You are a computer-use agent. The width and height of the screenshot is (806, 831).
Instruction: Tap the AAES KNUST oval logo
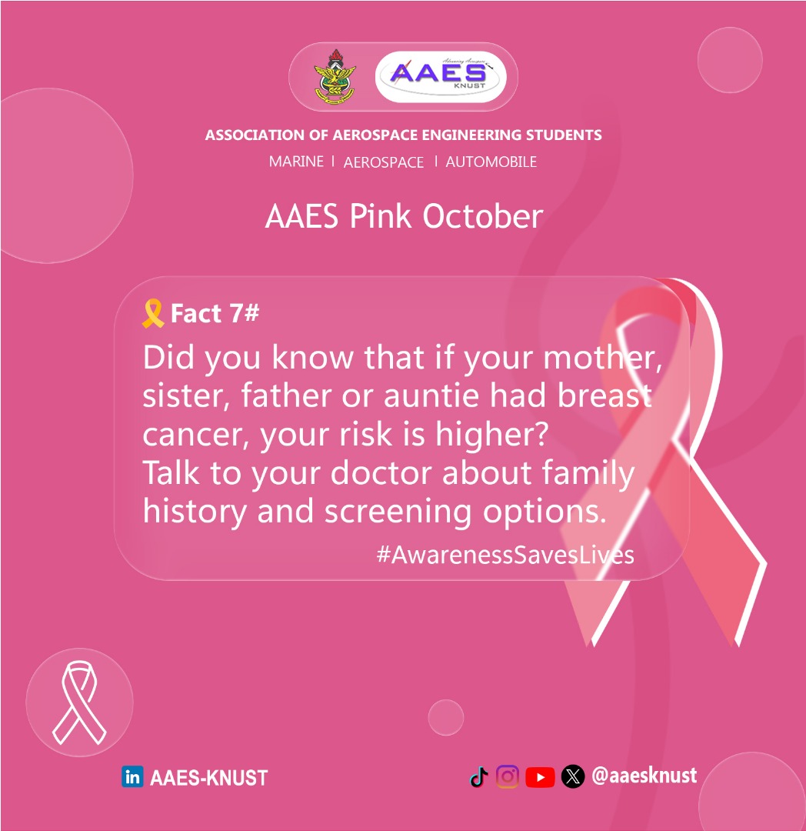click(x=441, y=76)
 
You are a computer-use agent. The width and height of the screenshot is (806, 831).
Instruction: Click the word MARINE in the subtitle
click(x=296, y=162)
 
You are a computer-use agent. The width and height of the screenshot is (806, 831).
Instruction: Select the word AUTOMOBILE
click(x=491, y=162)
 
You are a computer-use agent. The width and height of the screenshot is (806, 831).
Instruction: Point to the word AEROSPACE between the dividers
click(x=383, y=162)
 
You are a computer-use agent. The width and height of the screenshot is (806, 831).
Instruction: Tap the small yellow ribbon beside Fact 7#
click(x=153, y=314)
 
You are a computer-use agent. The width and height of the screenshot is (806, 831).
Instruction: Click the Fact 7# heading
click(x=215, y=314)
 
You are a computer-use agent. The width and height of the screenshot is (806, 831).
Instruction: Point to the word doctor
click(x=381, y=473)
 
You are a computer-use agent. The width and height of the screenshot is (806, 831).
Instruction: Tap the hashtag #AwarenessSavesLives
click(x=505, y=555)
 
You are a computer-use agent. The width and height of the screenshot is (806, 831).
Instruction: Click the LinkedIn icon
click(x=132, y=777)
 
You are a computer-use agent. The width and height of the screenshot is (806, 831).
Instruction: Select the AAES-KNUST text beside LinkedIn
click(x=208, y=778)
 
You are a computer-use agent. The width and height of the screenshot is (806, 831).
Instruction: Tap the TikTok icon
click(x=479, y=777)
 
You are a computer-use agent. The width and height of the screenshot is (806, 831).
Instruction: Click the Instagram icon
click(x=508, y=777)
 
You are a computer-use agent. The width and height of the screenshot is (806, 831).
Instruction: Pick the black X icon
click(x=572, y=777)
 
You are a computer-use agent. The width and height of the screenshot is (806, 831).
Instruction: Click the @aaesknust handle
click(x=644, y=776)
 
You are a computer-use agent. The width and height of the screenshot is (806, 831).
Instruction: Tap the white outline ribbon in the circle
click(x=78, y=703)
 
